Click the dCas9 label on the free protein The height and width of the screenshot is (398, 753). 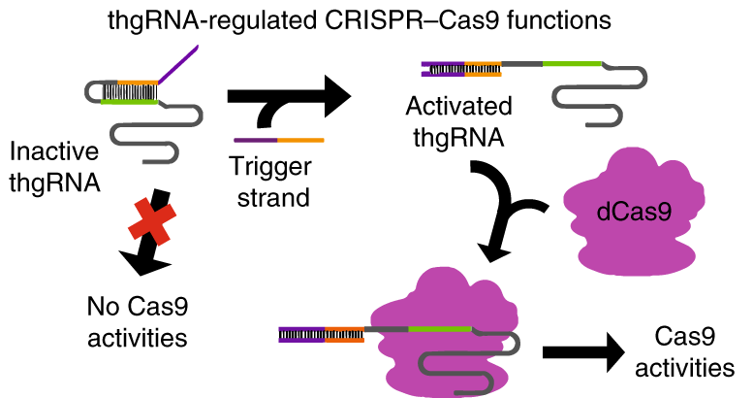click(634, 212)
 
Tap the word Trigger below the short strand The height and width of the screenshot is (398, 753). click(270, 168)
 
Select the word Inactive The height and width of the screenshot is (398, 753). click(54, 151)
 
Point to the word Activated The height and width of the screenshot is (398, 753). click(458, 106)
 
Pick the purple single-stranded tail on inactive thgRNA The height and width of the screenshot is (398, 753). click(178, 64)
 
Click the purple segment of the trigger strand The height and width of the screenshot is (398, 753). click(256, 140)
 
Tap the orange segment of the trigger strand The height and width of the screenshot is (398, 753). click(300, 140)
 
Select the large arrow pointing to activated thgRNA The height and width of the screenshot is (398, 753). click(288, 96)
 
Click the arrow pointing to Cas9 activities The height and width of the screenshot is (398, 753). click(583, 352)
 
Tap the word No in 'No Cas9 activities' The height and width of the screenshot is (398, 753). click(102, 307)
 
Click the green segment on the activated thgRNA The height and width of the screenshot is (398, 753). click(572, 64)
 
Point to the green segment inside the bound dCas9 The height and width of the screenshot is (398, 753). click(440, 329)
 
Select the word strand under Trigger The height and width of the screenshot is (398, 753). click(273, 197)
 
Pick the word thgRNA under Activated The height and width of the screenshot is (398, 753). click(458, 138)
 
